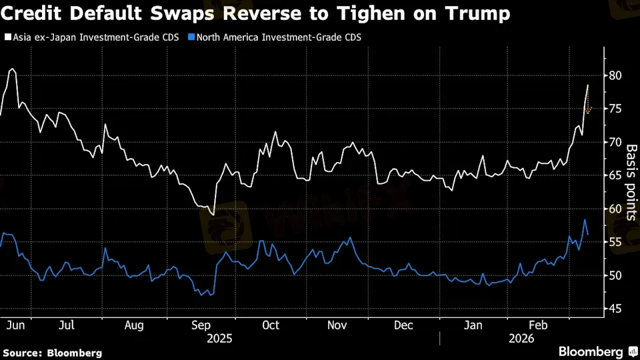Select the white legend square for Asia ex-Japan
7,38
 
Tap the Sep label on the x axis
203,325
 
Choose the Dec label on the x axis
403,325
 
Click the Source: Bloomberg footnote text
52,352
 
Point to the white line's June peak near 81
12,69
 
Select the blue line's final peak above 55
585,220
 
